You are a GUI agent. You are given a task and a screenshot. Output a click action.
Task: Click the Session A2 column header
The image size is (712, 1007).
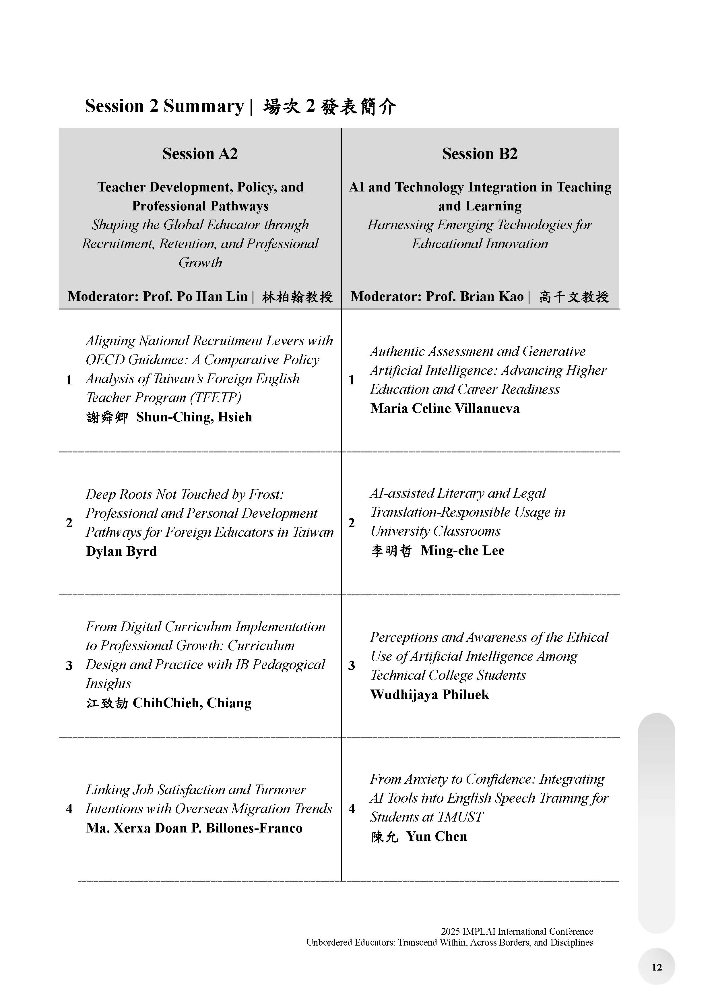click(x=200, y=154)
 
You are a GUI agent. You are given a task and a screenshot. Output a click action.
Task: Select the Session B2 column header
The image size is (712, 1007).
click(x=480, y=154)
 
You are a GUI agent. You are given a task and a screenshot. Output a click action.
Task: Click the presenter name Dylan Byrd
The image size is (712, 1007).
click(x=121, y=551)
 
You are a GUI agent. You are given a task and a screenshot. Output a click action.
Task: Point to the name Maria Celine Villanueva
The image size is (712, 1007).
click(x=445, y=408)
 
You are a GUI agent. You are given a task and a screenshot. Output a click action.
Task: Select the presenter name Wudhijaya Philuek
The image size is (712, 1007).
click(x=429, y=694)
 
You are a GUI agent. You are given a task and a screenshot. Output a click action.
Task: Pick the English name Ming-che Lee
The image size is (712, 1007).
click(x=463, y=550)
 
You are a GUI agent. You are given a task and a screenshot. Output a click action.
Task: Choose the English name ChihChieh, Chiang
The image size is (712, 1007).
click(x=192, y=703)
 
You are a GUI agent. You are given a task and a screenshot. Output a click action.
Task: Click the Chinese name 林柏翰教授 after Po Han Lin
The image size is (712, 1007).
click(x=297, y=297)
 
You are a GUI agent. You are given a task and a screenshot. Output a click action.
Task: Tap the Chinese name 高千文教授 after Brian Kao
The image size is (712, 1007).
click(x=574, y=297)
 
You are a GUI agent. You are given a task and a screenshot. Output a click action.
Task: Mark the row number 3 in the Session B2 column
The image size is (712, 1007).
click(x=352, y=666)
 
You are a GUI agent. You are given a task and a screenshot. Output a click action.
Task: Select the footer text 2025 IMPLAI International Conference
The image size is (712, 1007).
click(x=517, y=931)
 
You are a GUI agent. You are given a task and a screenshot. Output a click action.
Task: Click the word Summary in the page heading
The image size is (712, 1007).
click(x=203, y=106)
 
